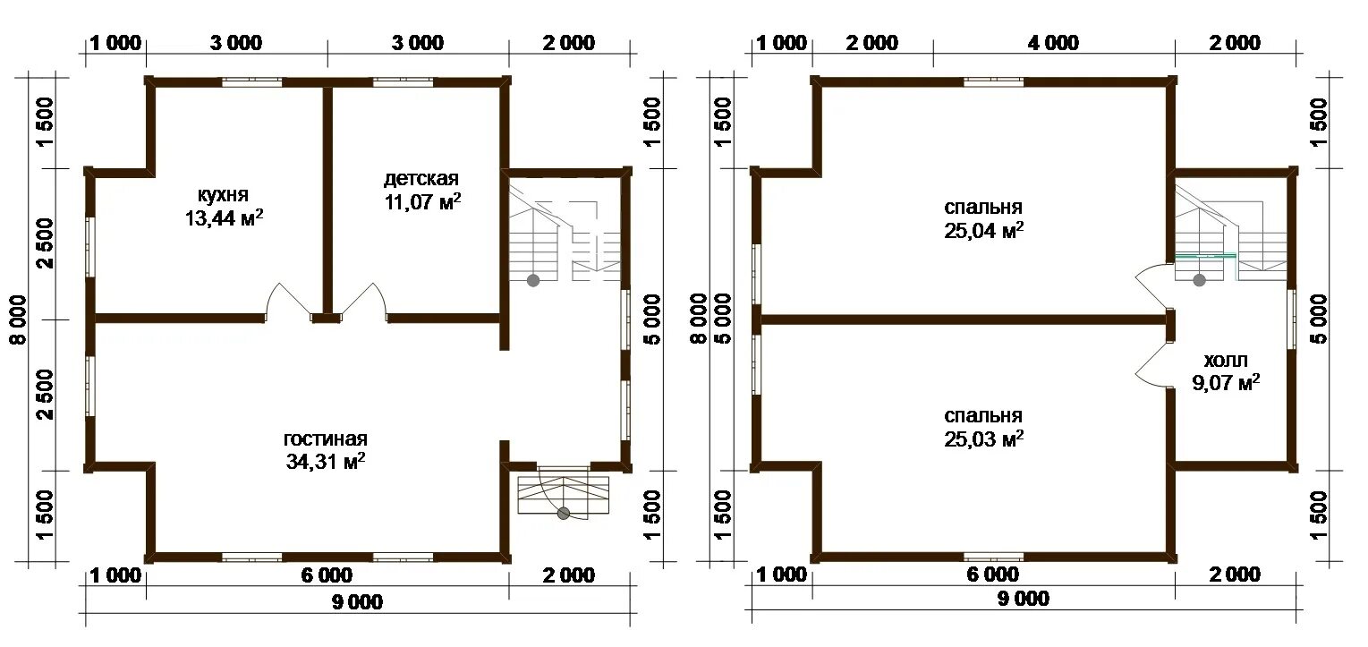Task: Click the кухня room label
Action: click(223, 195)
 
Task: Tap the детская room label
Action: click(421, 179)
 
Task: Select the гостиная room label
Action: click(326, 439)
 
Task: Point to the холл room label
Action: click(1225, 360)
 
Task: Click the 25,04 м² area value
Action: click(983, 231)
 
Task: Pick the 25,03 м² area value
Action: click(983, 439)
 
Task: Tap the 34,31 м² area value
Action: click(326, 461)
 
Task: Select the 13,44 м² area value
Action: click(225, 218)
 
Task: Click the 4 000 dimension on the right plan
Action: click(1053, 43)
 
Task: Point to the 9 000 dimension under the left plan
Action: click(357, 601)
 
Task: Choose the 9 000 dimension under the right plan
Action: click(1024, 599)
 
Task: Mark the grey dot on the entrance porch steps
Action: click(564, 513)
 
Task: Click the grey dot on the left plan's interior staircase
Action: click(533, 280)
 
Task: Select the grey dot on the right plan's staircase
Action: click(1200, 280)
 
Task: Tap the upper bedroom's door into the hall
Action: click(1147, 285)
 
